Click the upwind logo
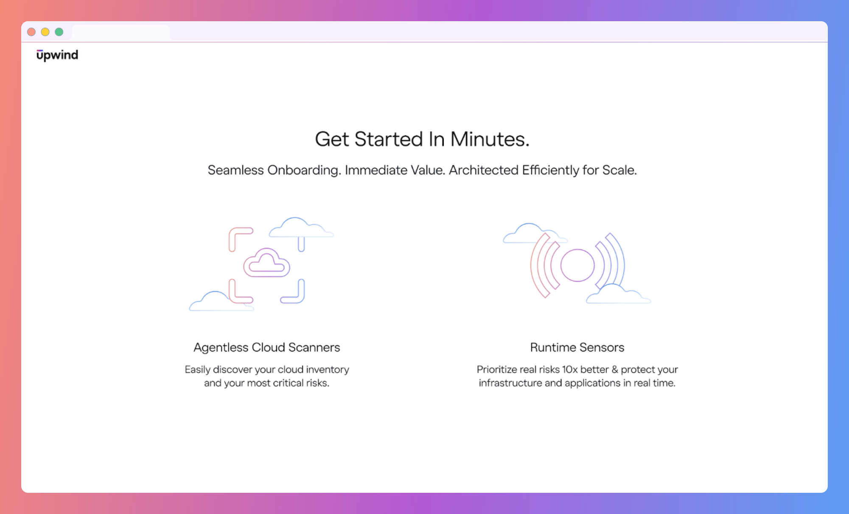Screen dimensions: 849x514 [57, 55]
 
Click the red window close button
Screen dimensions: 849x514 [31, 32]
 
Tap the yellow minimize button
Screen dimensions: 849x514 [45, 32]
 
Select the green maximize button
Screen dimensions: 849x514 [59, 32]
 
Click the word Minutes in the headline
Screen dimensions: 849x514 [490, 139]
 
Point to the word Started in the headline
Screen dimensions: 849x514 [389, 139]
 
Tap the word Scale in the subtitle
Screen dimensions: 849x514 [619, 170]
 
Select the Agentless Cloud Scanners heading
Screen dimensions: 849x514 [267, 348]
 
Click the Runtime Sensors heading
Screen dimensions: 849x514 [577, 348]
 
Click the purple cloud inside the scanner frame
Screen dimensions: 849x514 [266, 263]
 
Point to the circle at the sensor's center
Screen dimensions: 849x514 [577, 265]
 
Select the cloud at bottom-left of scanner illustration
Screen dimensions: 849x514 [221, 302]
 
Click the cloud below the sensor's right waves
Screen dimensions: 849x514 [618, 295]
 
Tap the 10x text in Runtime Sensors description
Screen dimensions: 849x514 [570, 370]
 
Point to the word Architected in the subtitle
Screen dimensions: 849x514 [484, 170]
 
